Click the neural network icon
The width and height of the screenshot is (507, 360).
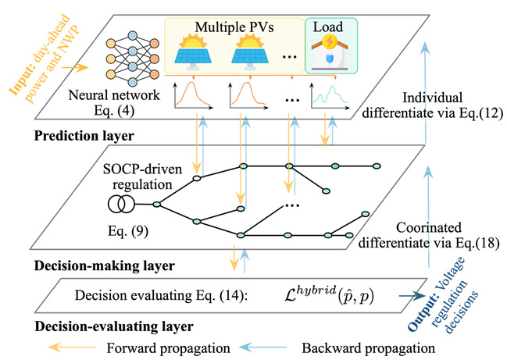(x=133, y=59)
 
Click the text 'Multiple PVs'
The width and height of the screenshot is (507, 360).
(x=234, y=27)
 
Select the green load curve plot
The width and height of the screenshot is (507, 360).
(x=329, y=95)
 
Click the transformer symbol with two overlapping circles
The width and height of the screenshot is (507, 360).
(x=121, y=205)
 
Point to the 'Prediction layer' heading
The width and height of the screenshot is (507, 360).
(x=84, y=136)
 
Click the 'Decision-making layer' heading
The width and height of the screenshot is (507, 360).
(x=105, y=266)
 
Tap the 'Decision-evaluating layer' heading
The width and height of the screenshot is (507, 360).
(x=114, y=326)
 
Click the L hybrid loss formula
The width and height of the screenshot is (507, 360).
(x=329, y=294)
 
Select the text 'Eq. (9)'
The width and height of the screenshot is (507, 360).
(x=128, y=231)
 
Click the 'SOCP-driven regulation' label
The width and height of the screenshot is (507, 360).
(x=142, y=176)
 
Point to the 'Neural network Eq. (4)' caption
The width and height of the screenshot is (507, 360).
(x=114, y=103)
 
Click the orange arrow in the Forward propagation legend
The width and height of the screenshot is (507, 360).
(x=72, y=348)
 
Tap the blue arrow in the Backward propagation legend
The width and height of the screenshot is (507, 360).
(x=263, y=348)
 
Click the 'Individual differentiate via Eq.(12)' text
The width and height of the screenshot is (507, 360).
(x=432, y=105)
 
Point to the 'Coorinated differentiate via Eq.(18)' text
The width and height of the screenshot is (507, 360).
(x=428, y=235)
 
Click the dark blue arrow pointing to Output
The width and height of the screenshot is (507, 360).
(x=412, y=295)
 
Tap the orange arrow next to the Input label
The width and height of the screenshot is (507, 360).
(x=75, y=67)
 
